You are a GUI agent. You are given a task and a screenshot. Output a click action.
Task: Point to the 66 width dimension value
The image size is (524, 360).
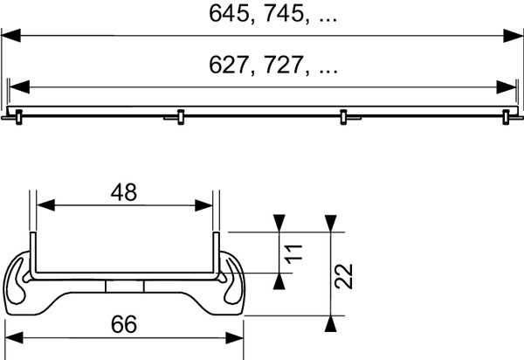[125, 324]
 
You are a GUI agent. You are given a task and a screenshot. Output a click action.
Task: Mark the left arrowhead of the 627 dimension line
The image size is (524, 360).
[17, 87]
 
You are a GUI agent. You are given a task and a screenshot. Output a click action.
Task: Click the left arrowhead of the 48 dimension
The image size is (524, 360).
[43, 205]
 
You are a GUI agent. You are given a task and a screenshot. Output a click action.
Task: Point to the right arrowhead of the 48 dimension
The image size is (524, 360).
[203, 205]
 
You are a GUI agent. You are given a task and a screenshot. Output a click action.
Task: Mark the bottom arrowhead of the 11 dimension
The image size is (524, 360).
[279, 280]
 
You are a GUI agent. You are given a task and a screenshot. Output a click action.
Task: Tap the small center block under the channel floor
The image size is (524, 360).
[123, 287]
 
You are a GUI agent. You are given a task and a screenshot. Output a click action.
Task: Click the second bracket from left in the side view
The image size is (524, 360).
[179, 115]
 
